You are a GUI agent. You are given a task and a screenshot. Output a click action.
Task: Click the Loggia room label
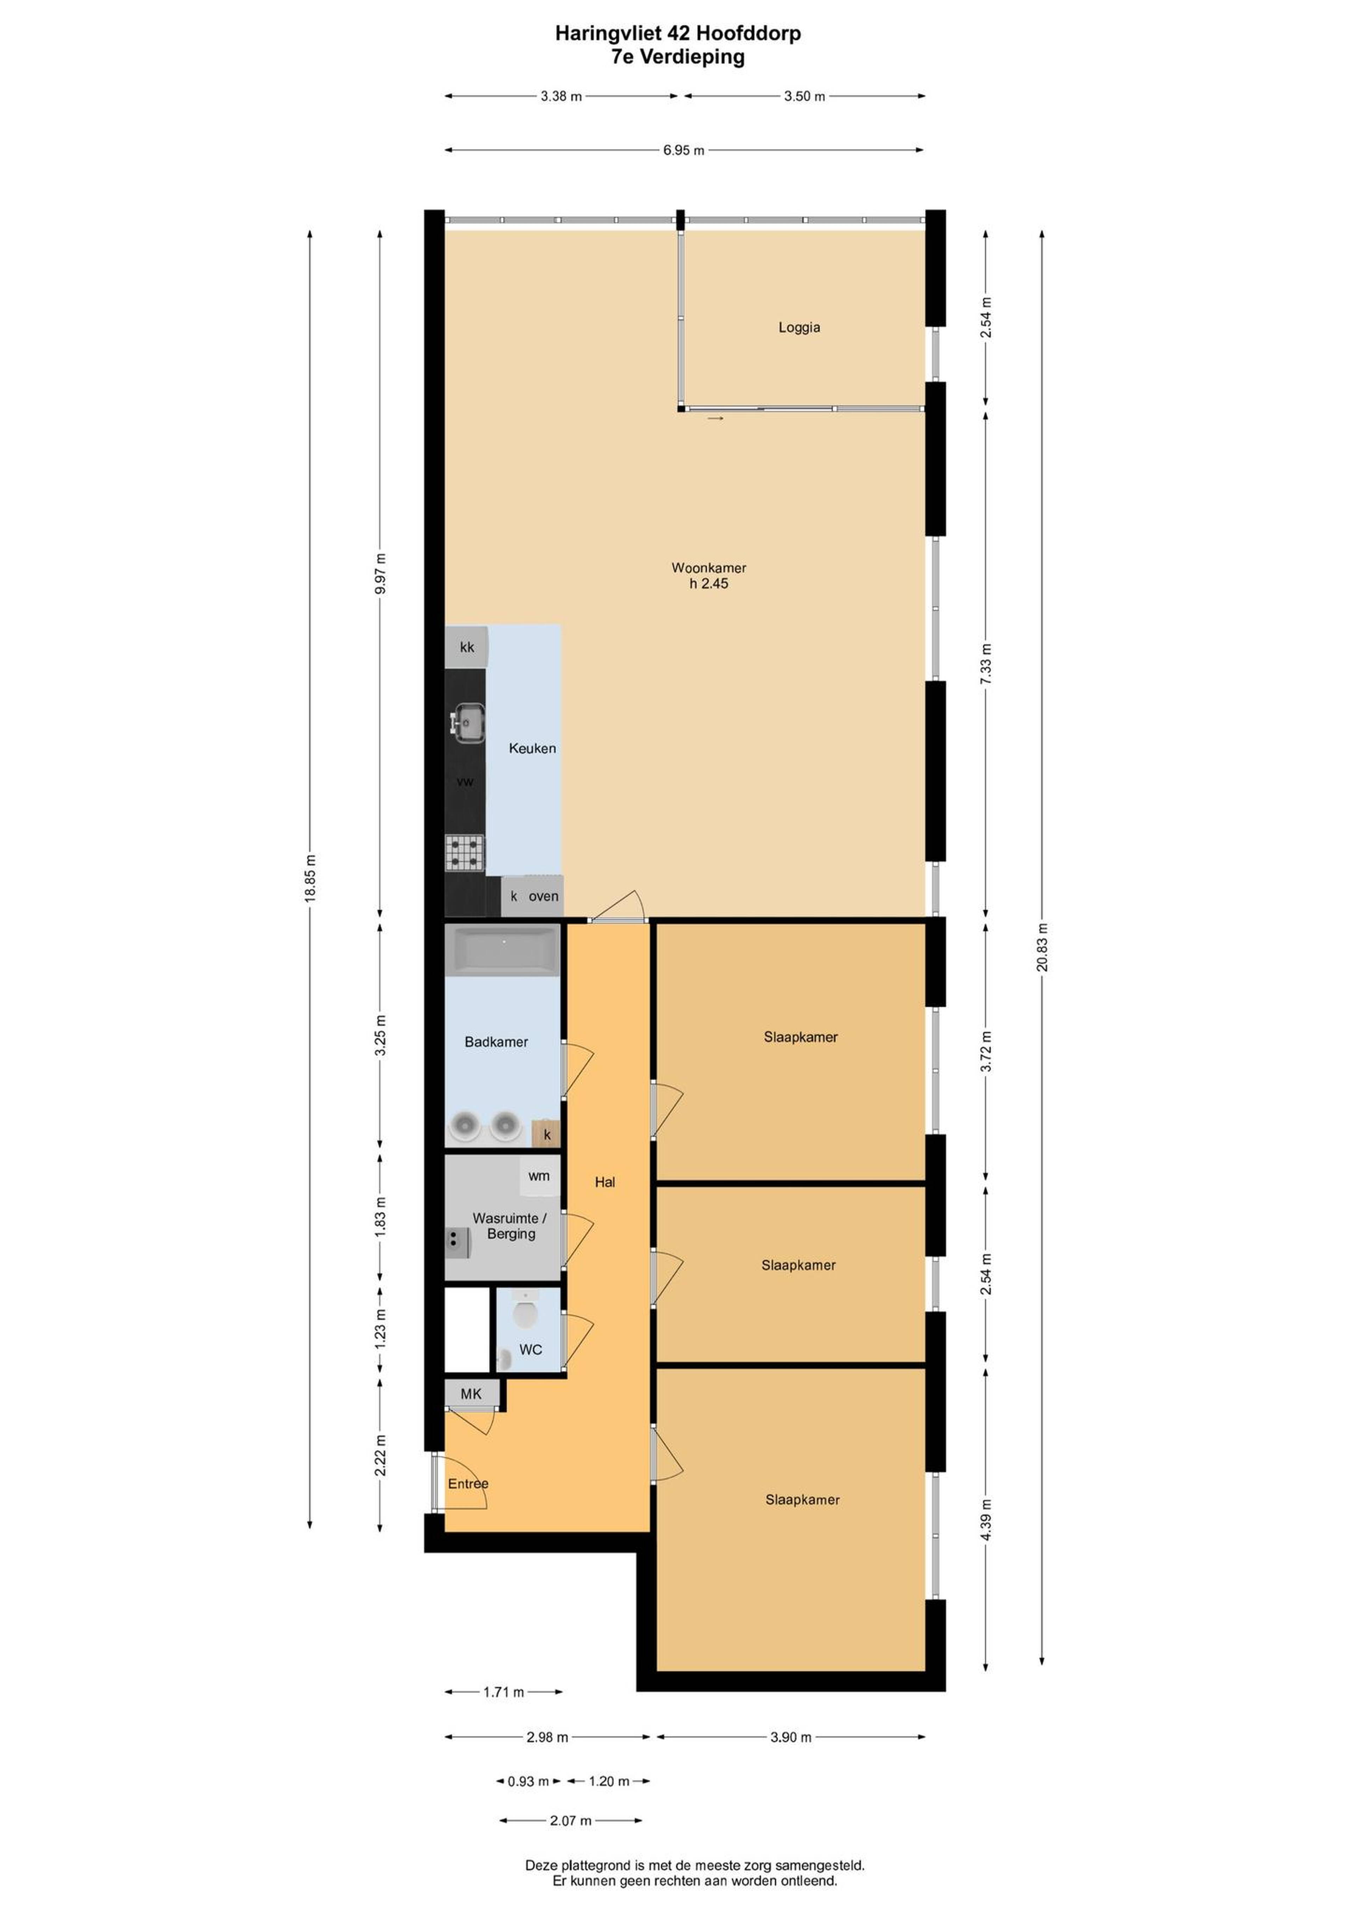799,328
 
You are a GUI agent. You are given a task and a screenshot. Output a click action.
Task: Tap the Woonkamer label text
709,568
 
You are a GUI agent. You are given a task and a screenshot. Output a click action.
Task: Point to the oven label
544,896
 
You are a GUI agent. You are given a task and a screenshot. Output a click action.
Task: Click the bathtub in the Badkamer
502,950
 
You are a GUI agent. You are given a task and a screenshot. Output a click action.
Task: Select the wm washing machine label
539,1176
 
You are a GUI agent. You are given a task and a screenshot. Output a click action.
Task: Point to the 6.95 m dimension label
684,151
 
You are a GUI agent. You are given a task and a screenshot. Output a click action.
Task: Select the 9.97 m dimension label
381,573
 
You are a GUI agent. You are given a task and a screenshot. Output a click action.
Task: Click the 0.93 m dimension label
528,1781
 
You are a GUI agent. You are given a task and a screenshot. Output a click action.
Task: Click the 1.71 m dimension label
504,1692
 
